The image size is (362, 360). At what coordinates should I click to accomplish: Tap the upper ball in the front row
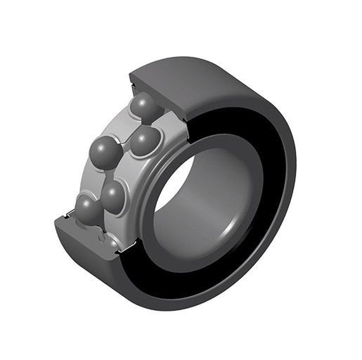[x=146, y=141]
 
